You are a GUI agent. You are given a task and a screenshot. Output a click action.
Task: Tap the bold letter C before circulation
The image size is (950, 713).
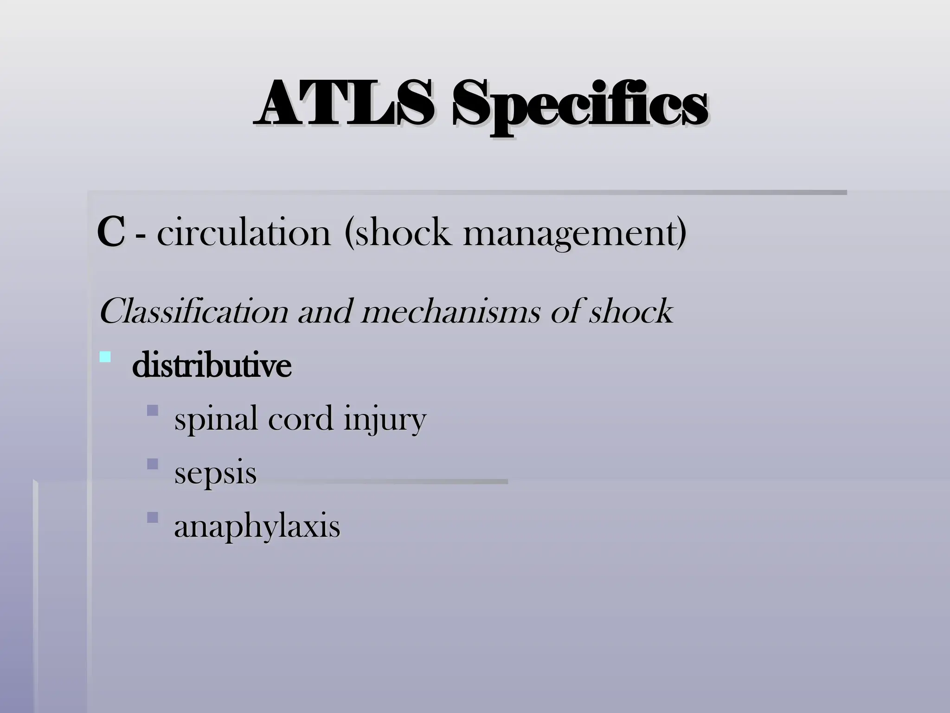coord(110,233)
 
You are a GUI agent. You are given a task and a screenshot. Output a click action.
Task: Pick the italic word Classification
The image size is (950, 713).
coord(193,312)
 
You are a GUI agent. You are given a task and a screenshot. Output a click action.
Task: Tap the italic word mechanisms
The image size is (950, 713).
coord(450,312)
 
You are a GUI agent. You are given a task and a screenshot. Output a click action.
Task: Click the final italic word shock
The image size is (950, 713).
coord(630,312)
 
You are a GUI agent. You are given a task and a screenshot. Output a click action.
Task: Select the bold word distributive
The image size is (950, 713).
coord(212,366)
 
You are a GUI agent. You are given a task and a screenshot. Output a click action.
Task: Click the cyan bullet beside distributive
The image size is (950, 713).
coord(105,357)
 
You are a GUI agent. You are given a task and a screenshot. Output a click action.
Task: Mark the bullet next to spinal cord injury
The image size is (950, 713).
coord(152,410)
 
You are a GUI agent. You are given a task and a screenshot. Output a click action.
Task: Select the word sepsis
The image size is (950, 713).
coord(215,474)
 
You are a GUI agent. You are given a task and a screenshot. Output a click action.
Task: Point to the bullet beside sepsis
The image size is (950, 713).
coord(152,464)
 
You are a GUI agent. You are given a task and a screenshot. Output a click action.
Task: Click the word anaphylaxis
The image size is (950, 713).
coord(257,527)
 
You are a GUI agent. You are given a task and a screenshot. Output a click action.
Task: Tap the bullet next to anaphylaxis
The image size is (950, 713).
coord(152,517)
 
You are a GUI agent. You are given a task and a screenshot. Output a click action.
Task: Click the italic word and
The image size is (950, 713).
coord(325,312)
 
